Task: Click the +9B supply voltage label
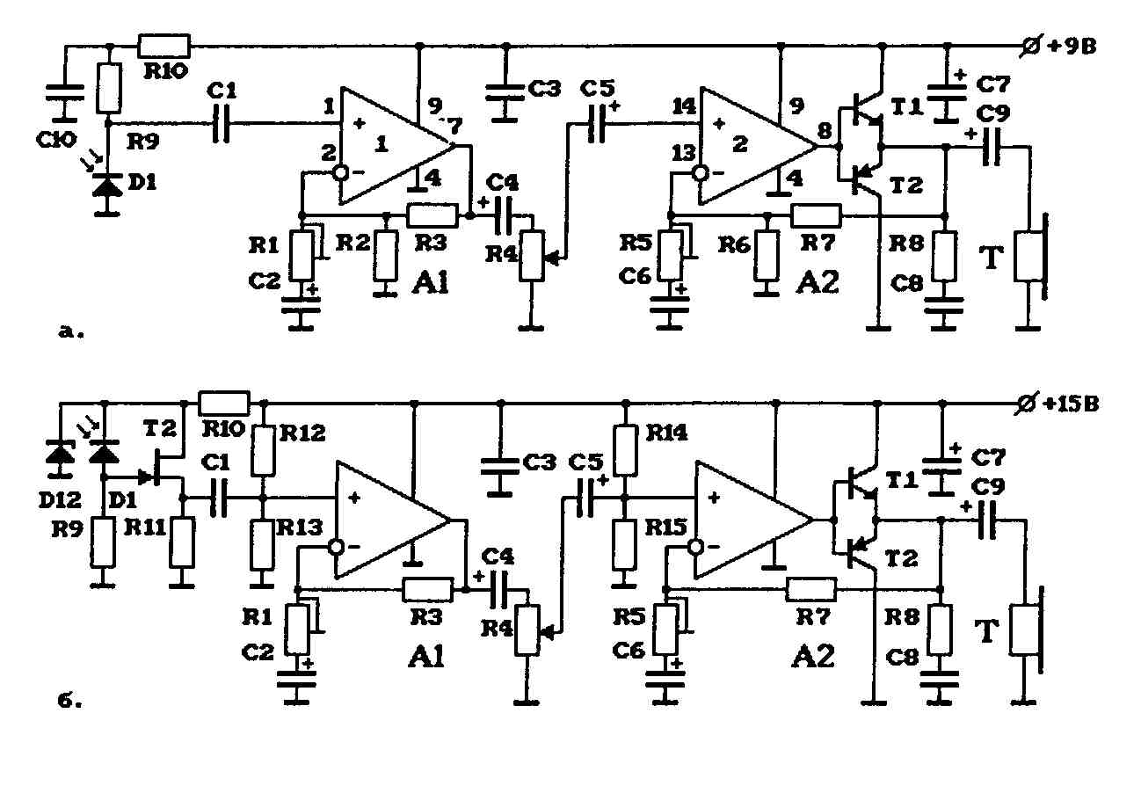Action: click(x=1072, y=47)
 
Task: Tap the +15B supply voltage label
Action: click(x=1072, y=404)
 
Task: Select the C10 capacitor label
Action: click(x=56, y=139)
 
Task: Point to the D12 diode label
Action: click(x=60, y=500)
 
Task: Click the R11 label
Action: click(x=145, y=528)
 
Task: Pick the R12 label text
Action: click(x=302, y=433)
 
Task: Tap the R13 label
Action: click(x=300, y=528)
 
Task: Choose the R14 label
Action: click(x=666, y=433)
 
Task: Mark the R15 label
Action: click(x=665, y=528)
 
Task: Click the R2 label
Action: click(x=352, y=243)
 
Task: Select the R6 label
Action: click(x=735, y=245)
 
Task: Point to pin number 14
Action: click(x=684, y=106)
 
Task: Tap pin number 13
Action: click(x=684, y=152)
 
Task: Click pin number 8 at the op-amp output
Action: click(x=825, y=131)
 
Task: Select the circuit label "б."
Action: click(x=69, y=701)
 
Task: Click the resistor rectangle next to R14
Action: click(x=626, y=451)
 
